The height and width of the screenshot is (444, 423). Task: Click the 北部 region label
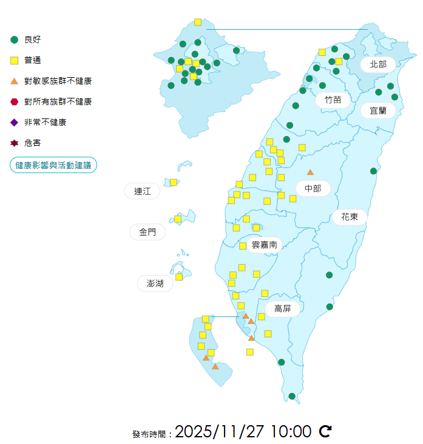[x=377, y=64]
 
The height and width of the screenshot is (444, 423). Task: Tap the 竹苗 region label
[x=333, y=100]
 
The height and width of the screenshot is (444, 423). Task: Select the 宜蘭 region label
[x=377, y=111]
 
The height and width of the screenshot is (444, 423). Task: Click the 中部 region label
[x=313, y=188]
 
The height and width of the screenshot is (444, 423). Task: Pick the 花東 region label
[x=349, y=217]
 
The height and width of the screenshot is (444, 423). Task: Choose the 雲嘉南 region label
[x=264, y=245]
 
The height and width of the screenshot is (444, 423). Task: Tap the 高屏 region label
[x=282, y=309]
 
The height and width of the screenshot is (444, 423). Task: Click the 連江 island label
[x=142, y=191]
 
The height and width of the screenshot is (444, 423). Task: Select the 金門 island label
[x=147, y=232]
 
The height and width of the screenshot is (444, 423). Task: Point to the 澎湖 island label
[x=155, y=283]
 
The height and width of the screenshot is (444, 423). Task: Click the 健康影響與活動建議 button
[x=53, y=165]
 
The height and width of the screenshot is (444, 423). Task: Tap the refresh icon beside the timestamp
[x=325, y=431]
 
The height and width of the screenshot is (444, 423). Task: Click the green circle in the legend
[x=15, y=39]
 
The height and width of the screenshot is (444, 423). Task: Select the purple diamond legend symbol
[x=15, y=122]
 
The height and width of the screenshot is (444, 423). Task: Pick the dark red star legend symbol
[x=15, y=143]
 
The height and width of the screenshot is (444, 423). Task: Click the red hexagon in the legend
[x=15, y=101]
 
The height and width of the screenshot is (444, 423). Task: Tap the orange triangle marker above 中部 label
[x=310, y=172]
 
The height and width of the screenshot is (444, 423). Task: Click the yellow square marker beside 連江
[x=174, y=182]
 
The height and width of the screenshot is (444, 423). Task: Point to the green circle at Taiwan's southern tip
[x=292, y=396]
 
